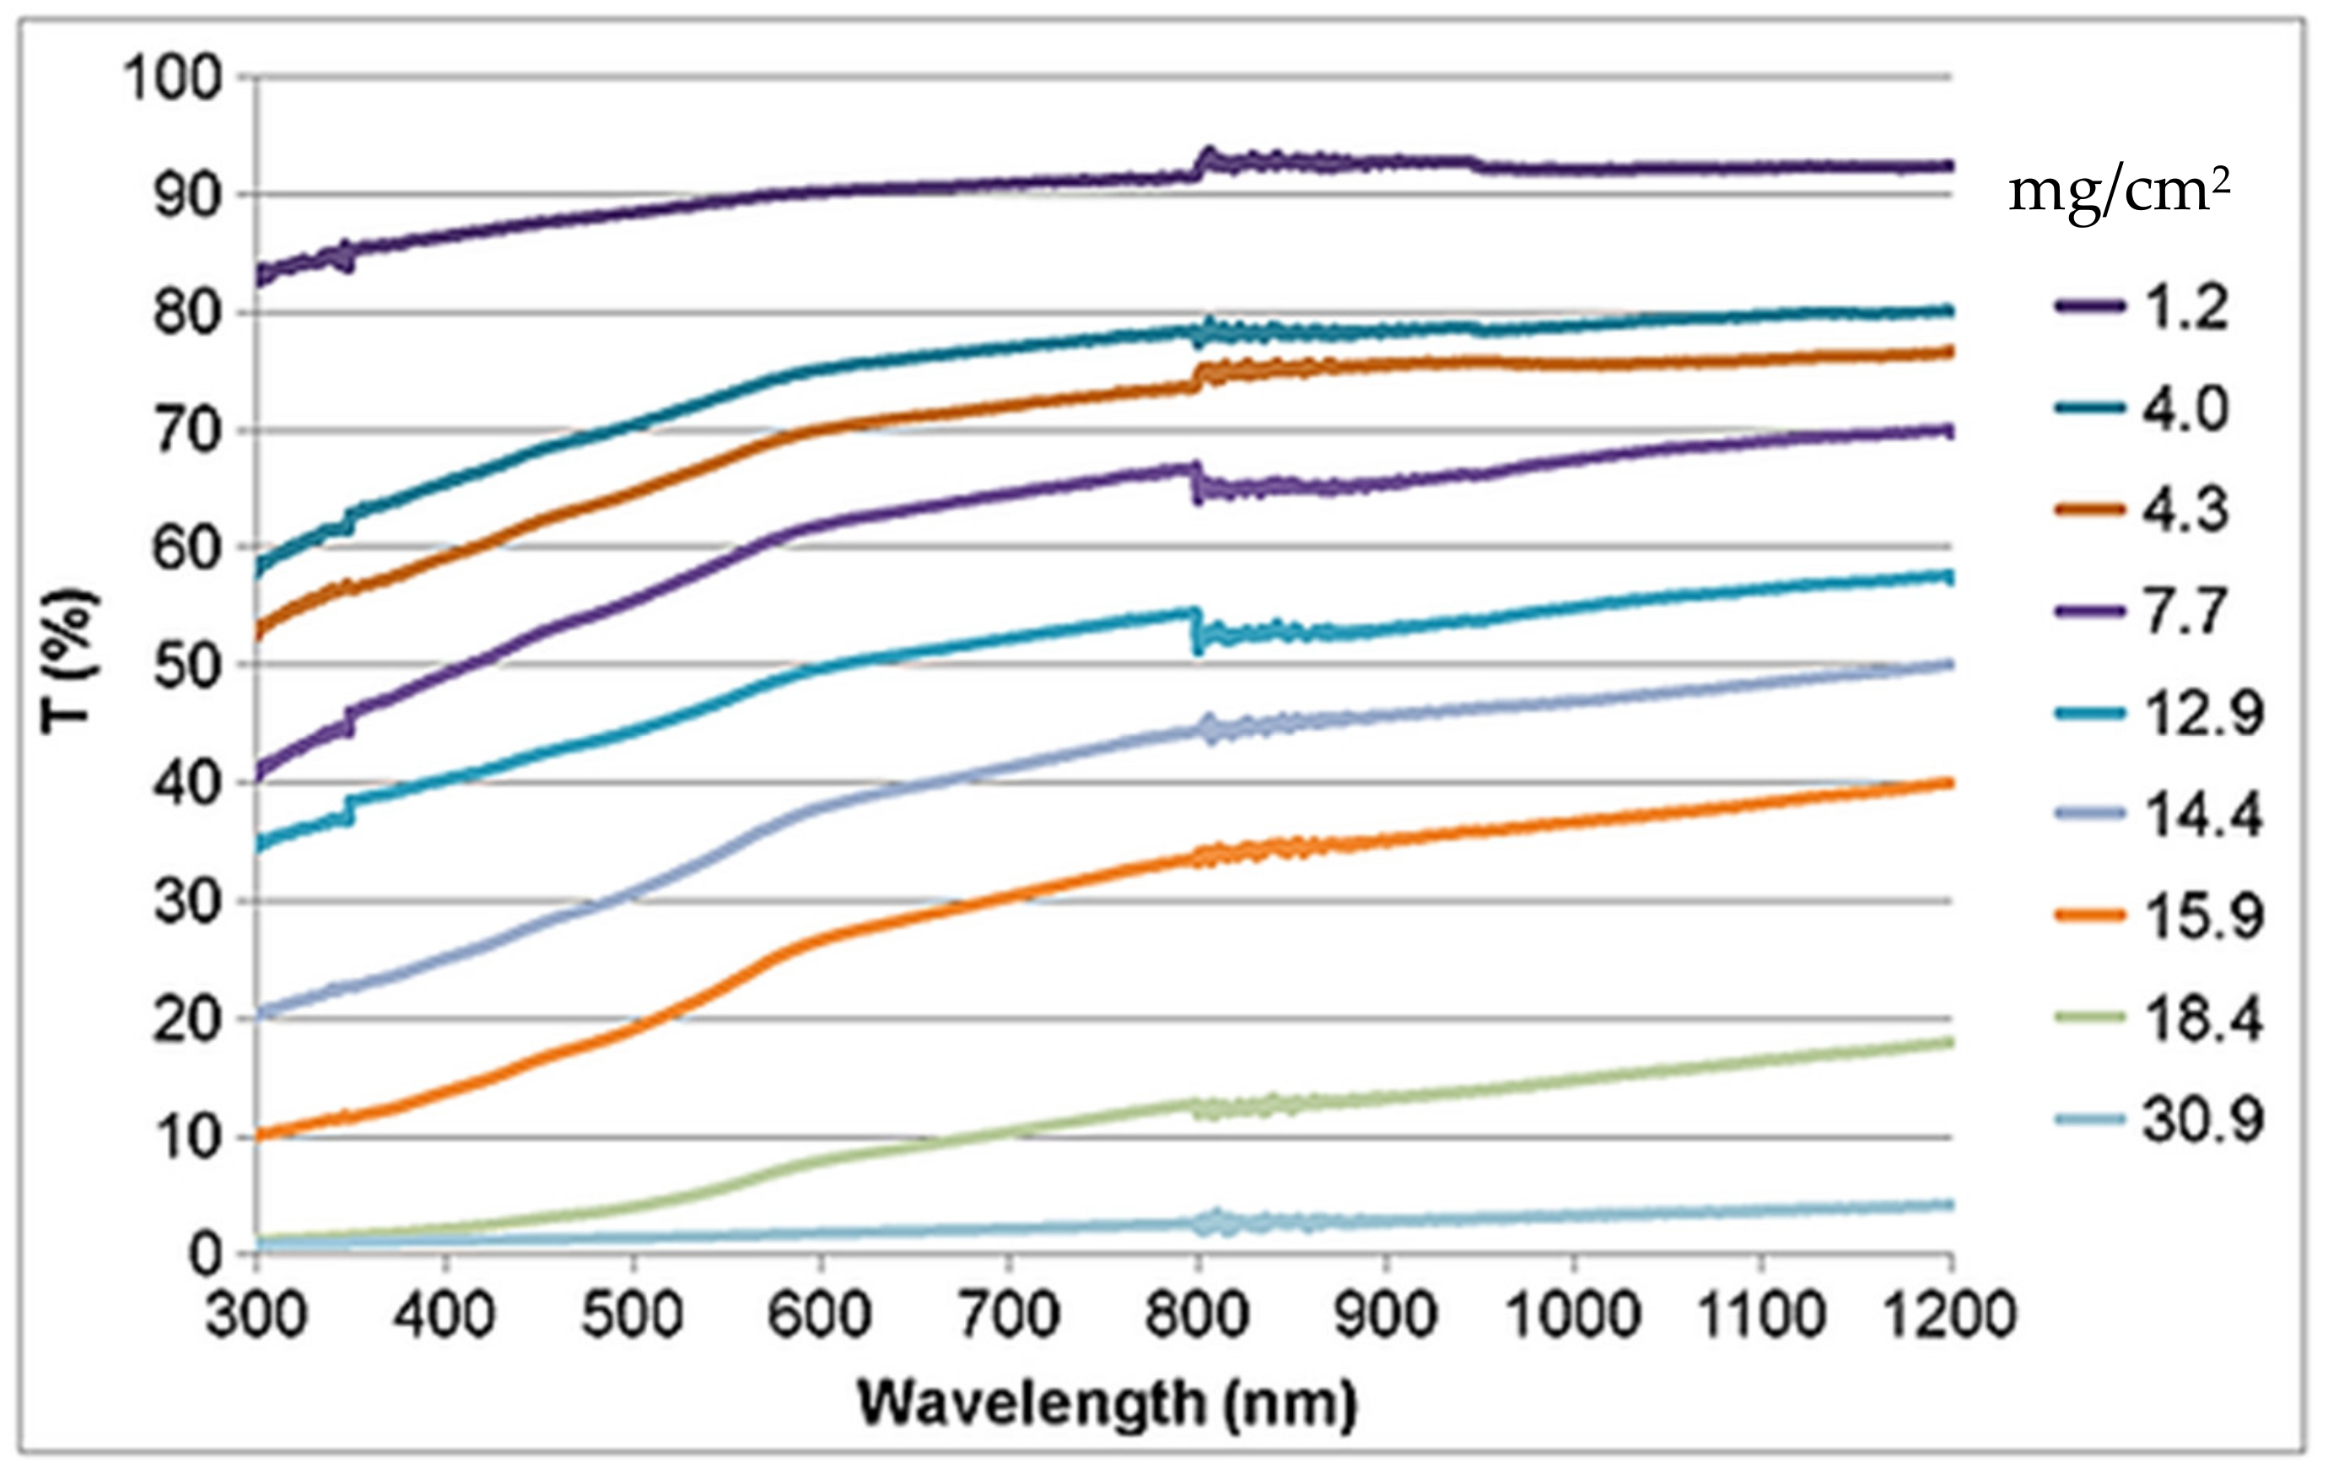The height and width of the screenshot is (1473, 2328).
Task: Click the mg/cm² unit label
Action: coord(2118,193)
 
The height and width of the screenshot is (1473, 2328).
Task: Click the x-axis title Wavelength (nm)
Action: coord(1107,1403)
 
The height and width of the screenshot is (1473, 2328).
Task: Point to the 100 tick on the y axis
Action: coord(172,78)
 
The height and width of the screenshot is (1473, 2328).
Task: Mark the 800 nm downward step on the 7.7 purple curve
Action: coord(1197,483)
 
